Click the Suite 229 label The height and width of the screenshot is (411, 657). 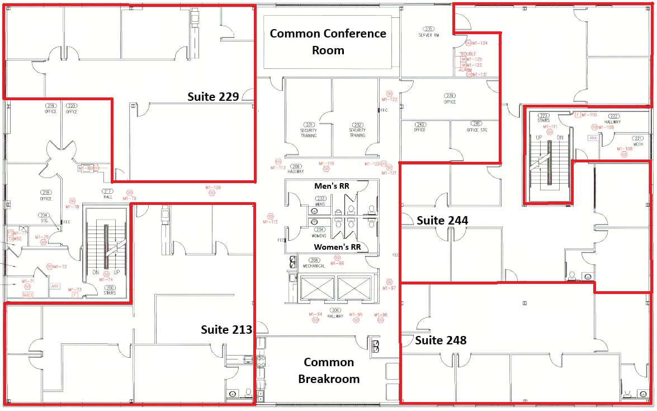point(212,97)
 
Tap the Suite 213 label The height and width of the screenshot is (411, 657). point(226,329)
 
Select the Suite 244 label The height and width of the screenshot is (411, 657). point(442,221)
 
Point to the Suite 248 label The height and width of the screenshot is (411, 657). point(441,340)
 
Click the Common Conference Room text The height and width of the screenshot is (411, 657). point(328,41)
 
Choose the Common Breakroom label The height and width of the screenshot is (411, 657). point(329,371)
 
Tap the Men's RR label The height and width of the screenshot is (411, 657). point(331,185)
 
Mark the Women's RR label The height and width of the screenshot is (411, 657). point(337,247)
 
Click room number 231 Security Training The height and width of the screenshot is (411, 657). point(309,128)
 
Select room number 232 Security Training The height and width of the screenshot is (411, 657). point(357,128)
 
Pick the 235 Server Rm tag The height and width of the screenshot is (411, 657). point(429,31)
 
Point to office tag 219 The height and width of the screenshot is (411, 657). point(51,108)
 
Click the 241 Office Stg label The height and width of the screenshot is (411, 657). point(477,127)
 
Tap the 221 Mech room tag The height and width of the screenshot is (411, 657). point(638,141)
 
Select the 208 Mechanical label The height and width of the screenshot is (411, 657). point(314,263)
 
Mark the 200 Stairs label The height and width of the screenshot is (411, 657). point(110,290)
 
